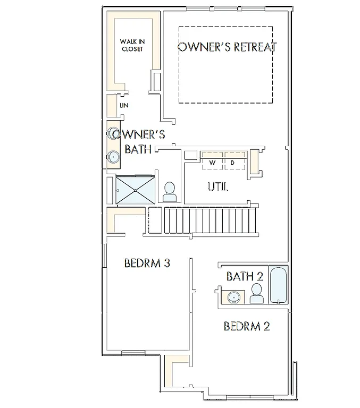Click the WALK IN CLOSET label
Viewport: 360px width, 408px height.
point(132,45)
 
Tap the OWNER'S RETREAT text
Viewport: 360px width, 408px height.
point(227,47)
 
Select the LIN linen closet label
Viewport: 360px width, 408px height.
point(124,106)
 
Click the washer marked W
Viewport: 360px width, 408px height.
point(213,162)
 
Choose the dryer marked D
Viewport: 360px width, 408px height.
point(233,162)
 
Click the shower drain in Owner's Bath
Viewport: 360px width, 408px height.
point(135,189)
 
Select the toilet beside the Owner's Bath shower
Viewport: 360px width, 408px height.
point(170,192)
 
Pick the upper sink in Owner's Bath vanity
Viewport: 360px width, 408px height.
point(113,133)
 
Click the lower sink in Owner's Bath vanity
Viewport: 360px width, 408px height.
point(113,157)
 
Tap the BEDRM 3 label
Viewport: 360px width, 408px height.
point(147,263)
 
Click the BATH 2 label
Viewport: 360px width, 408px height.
point(245,276)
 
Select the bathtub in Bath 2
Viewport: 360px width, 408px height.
point(278,285)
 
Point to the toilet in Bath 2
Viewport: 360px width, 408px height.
point(256,293)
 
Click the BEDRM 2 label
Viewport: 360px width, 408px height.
point(246,326)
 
